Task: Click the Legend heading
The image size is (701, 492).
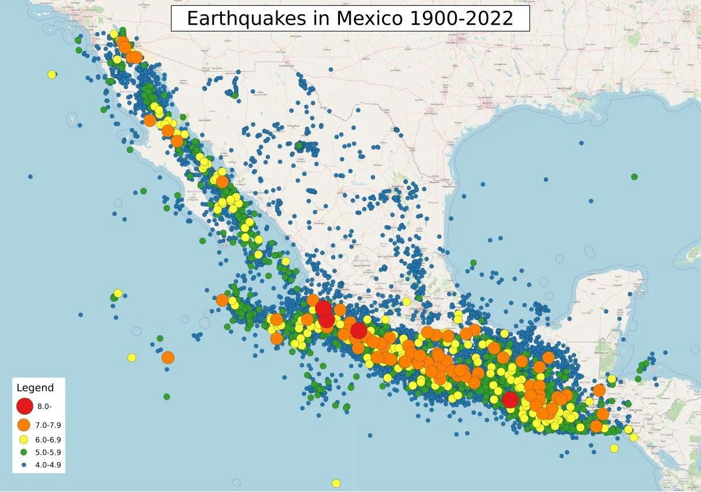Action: [x=35, y=388]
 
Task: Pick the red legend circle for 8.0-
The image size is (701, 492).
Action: [x=25, y=405]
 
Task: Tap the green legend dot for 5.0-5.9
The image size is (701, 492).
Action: [x=24, y=452]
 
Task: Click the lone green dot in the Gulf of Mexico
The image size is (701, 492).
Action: [x=634, y=177]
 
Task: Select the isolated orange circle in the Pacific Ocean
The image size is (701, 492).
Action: [x=168, y=357]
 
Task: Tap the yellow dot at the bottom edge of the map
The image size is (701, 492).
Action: [x=336, y=483]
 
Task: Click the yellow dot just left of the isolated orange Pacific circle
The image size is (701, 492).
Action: [x=132, y=357]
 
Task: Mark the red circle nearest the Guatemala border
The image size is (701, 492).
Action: [x=510, y=400]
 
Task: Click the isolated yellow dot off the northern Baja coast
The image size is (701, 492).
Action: [x=51, y=74]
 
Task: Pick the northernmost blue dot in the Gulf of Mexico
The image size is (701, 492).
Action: [x=581, y=143]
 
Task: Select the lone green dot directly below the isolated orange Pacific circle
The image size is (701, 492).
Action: [x=166, y=397]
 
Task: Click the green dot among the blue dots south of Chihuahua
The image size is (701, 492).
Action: [x=299, y=145]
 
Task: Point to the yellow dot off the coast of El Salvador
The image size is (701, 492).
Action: [x=614, y=448]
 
